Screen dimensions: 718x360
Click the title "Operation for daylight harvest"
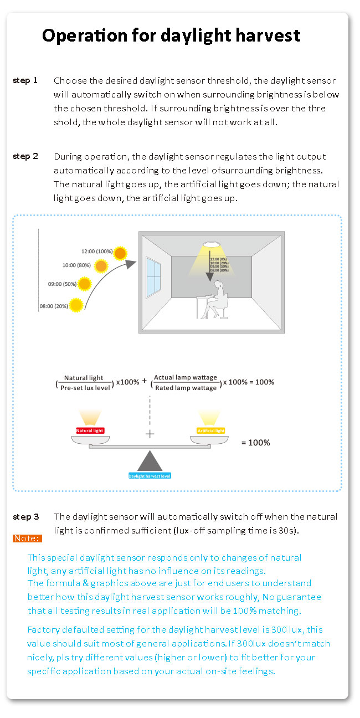[171, 36]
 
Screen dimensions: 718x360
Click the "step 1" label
[25, 80]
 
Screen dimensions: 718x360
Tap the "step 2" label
[25, 156]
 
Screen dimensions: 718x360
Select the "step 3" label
[26, 517]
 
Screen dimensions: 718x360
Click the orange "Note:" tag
[27, 538]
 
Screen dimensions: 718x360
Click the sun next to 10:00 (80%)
[101, 266]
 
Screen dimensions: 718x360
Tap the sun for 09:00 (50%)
[85, 285]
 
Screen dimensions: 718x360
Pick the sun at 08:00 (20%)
[76, 305]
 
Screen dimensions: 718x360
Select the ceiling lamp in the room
[211, 244]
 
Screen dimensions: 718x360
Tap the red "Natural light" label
[90, 430]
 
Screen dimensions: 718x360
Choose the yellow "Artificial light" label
[210, 430]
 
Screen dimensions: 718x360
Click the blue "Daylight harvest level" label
[150, 476]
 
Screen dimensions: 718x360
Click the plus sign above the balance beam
[150, 434]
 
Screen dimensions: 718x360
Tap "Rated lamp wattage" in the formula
[186, 388]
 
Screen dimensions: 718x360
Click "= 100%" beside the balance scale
[255, 443]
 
